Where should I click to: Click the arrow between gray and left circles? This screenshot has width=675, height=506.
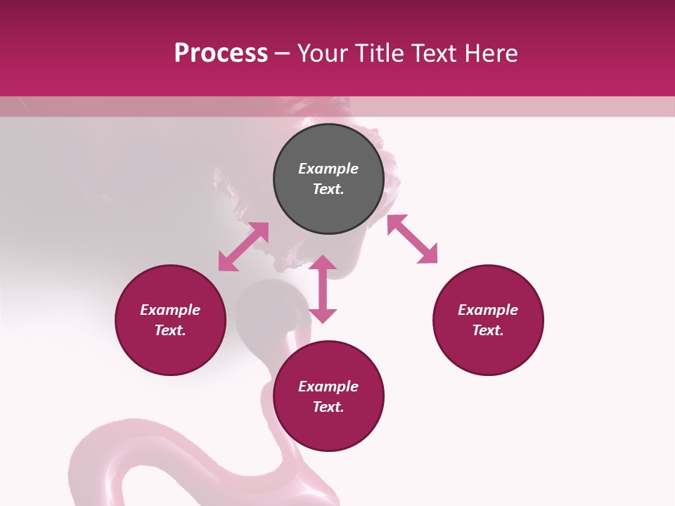pos(243,247)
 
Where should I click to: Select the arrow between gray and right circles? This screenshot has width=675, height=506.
pos(412,239)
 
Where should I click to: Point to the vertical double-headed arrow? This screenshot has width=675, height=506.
pos(323,289)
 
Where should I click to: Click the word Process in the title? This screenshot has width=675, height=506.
pos(221,53)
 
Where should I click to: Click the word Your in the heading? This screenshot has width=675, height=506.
pos(323,53)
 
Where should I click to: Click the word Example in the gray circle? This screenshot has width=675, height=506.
pos(328,169)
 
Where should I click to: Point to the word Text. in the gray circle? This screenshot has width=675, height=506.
pos(328,189)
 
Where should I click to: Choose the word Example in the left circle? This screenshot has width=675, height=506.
pos(170,310)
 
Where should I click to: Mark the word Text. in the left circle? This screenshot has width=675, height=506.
pos(170,330)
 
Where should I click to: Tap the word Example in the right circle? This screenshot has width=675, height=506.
pos(488,310)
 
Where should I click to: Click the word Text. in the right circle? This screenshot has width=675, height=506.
pos(488,330)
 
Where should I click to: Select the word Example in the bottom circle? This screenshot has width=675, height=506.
pos(328,387)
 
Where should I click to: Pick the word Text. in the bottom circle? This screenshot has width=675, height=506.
pos(328,407)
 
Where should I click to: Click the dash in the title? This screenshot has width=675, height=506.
pos(283,54)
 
